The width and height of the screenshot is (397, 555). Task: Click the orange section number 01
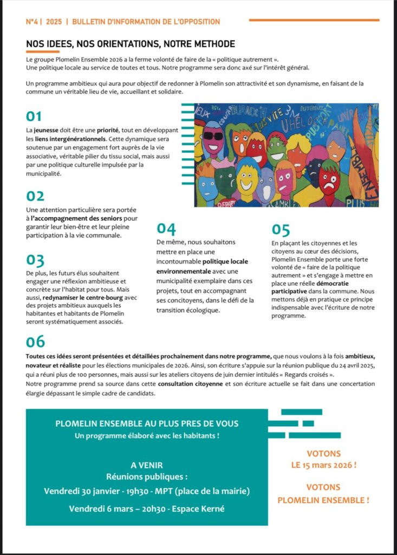coord(34,117)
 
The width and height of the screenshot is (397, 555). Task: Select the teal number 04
coord(166,229)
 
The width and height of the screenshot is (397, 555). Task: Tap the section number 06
coord(35,341)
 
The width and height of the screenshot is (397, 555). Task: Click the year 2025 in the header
coord(54,22)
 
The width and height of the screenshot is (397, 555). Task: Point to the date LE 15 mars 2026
coord(323,465)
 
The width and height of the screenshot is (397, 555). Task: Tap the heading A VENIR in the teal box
coord(146,465)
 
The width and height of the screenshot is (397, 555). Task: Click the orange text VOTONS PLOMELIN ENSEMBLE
coord(323,494)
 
